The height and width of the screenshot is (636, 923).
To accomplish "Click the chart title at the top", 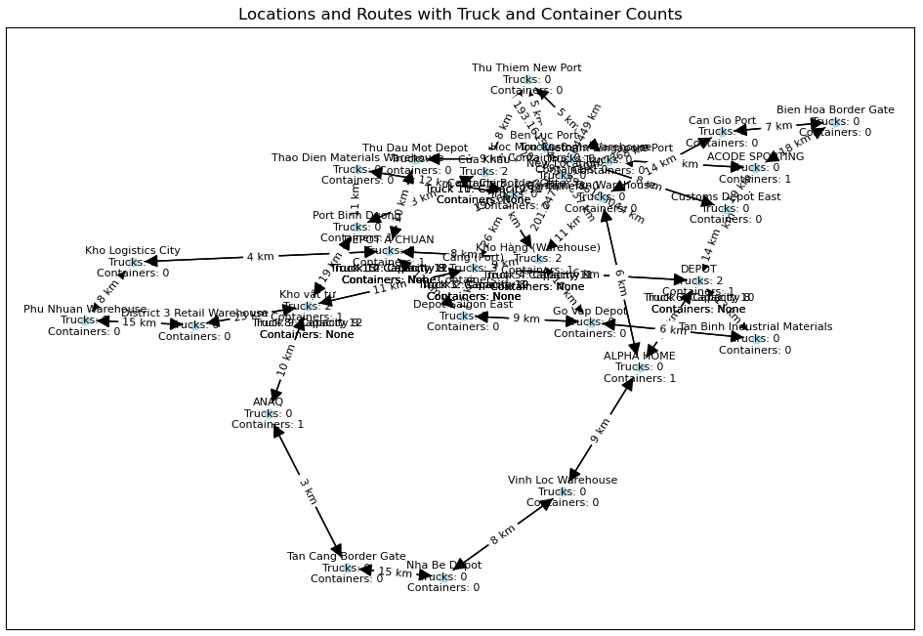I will [460, 15].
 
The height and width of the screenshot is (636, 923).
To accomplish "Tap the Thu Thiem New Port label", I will [526, 68].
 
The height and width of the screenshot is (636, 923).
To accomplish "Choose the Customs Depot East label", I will [726, 196].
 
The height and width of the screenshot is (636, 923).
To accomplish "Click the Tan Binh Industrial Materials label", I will [755, 326].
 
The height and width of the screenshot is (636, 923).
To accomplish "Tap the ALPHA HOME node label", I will [639, 356].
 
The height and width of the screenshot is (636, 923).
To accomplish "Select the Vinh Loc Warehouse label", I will [563, 480].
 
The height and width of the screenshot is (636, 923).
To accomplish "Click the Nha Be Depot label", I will [443, 565].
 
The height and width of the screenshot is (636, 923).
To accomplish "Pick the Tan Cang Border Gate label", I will [346, 556].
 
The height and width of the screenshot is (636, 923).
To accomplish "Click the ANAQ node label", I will [268, 402].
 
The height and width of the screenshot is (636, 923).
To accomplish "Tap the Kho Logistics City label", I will [133, 251].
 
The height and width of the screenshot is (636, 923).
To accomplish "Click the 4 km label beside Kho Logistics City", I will [260, 257].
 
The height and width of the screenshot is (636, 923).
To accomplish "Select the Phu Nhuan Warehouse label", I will [85, 309].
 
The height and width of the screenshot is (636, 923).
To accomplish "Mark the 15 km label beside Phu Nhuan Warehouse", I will [139, 322].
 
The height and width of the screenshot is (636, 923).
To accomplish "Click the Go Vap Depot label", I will [590, 311].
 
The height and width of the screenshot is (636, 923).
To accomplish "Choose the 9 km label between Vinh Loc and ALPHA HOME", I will [601, 430].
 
